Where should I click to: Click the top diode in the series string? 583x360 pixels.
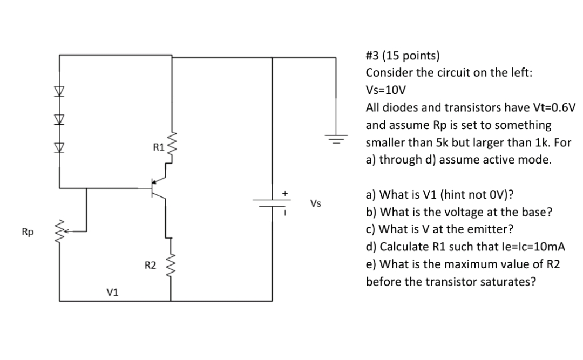coord(59,90)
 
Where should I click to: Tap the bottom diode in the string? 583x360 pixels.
coord(59,146)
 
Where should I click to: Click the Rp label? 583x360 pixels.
coord(27,233)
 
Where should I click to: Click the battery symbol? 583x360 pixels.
coord(272,202)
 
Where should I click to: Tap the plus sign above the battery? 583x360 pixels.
coord(286,192)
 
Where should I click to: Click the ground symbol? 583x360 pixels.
coord(337,138)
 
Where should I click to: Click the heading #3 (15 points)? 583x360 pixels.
coord(403,56)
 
